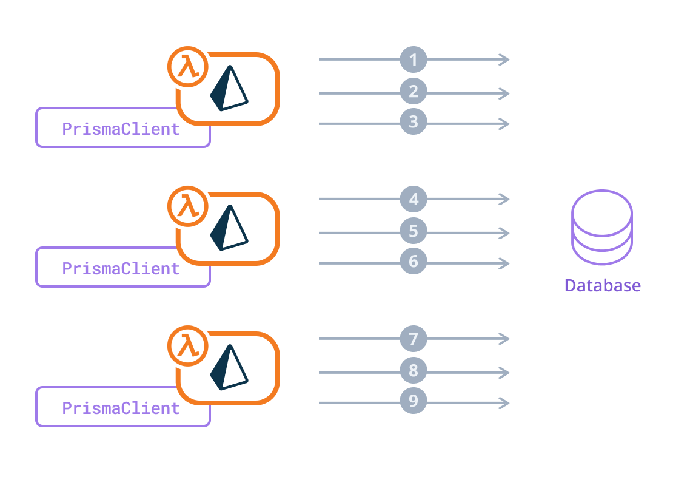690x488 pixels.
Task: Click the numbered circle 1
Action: click(x=414, y=59)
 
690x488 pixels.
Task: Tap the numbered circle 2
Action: click(x=414, y=92)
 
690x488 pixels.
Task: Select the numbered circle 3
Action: click(x=414, y=122)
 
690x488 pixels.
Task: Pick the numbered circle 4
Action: click(x=414, y=199)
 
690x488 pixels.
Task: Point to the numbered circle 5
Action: click(x=414, y=231)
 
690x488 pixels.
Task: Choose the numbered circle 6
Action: click(x=414, y=262)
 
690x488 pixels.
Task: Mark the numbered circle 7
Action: click(x=414, y=339)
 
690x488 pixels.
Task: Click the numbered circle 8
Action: click(x=414, y=371)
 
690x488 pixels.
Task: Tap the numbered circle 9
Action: click(x=414, y=401)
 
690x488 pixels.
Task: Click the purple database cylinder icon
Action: click(x=601, y=227)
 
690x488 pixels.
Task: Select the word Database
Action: click(x=602, y=285)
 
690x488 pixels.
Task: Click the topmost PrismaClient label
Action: click(x=121, y=129)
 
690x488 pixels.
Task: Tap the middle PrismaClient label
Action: click(x=121, y=268)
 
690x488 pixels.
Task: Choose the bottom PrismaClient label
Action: click(x=121, y=408)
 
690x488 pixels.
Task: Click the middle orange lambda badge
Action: click(x=187, y=206)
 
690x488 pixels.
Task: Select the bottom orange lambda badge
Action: click(x=187, y=345)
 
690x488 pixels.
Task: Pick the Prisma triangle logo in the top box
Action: click(x=229, y=89)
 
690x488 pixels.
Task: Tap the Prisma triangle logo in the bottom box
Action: click(x=229, y=368)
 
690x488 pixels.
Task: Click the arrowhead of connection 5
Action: click(x=504, y=233)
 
